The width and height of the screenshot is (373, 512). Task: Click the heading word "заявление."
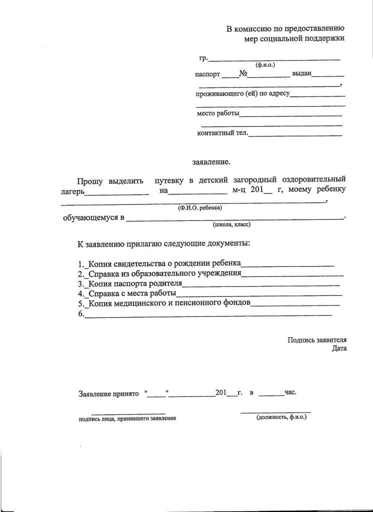point(211,162)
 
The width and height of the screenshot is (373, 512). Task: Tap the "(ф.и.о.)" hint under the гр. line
point(265,65)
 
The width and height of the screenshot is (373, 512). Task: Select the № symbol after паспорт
point(244,73)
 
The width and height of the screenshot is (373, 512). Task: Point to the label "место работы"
point(218,113)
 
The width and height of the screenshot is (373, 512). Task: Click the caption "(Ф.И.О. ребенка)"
point(200,207)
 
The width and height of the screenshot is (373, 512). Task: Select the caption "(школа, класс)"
point(231,224)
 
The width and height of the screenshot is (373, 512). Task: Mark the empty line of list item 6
point(208,314)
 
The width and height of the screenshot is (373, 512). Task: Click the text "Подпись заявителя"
point(317,340)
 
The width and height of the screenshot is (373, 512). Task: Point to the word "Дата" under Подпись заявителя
point(339,348)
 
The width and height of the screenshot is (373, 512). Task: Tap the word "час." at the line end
point(290,392)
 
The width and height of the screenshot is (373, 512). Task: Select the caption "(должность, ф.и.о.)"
point(281,416)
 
